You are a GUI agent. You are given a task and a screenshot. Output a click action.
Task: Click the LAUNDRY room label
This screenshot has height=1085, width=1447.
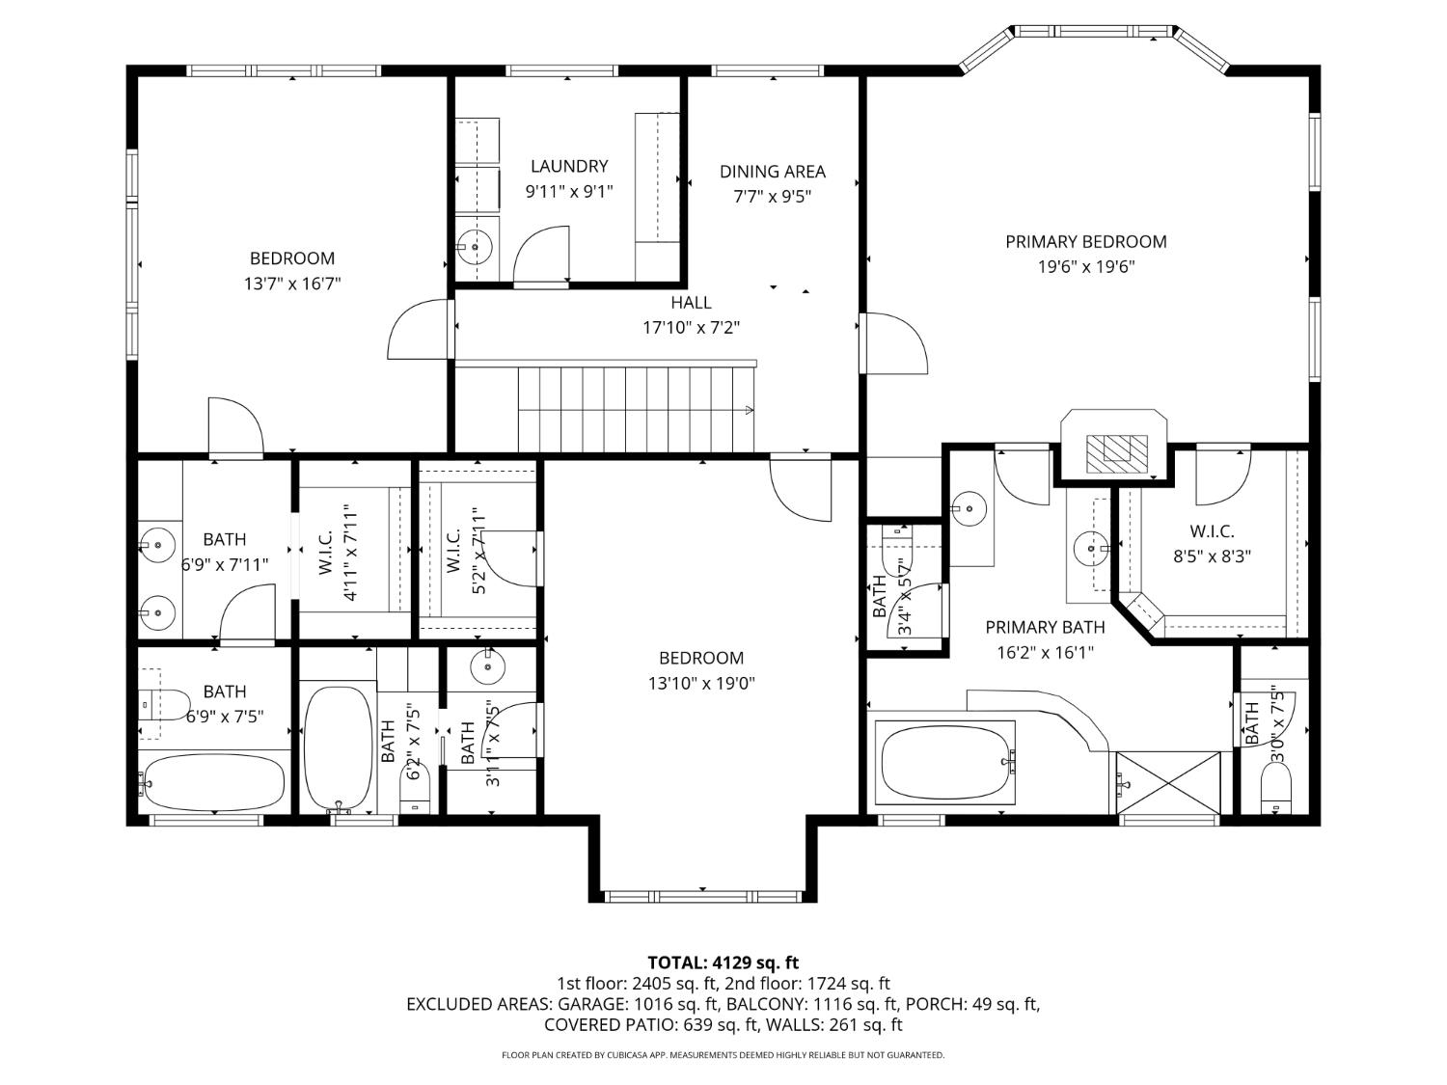[x=569, y=166]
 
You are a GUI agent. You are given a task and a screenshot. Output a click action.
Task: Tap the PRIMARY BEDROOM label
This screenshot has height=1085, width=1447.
[x=1085, y=241]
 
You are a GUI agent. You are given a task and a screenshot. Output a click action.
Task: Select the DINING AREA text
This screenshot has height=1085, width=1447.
[x=772, y=172]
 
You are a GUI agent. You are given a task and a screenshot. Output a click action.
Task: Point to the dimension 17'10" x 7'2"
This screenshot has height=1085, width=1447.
[x=691, y=327]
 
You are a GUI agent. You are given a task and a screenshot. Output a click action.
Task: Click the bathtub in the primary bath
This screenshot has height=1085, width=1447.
[x=945, y=763]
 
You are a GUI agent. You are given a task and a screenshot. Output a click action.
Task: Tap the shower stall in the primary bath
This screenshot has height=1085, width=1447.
[x=1168, y=782]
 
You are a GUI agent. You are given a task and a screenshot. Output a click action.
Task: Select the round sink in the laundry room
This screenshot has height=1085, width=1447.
[x=475, y=247]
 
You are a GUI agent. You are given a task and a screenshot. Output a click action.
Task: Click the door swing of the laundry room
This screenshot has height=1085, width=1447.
[x=541, y=256]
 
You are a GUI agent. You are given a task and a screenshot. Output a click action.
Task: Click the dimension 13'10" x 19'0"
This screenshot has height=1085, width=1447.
[x=701, y=683]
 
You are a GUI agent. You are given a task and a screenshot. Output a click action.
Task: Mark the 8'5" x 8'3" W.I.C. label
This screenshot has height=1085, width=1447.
[x=1212, y=556]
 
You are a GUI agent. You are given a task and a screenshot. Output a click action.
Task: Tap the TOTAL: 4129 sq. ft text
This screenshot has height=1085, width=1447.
[x=723, y=962]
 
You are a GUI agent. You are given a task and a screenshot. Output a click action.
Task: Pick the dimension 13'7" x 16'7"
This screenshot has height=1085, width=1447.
[x=292, y=284]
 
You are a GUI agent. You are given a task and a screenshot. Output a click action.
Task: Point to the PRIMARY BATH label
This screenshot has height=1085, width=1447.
[x=1045, y=627]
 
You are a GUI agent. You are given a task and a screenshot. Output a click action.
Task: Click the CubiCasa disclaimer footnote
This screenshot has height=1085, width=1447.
[x=723, y=1055]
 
